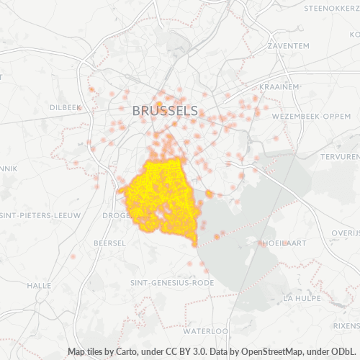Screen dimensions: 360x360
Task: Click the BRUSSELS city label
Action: click(x=165, y=111)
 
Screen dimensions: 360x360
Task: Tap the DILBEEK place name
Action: click(x=66, y=107)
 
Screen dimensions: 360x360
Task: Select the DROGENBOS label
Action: click(x=115, y=215)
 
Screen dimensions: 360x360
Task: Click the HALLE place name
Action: click(x=39, y=285)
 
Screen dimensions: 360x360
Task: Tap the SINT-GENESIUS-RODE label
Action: click(x=172, y=283)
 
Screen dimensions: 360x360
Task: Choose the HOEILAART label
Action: click(x=286, y=243)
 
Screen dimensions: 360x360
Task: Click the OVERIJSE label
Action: click(x=346, y=233)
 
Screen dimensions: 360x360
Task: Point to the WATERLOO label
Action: click(x=205, y=331)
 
